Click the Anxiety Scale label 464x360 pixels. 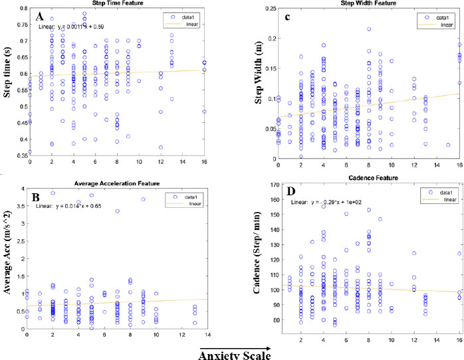point(235,355)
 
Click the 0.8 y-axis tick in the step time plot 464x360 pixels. point(19,8)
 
